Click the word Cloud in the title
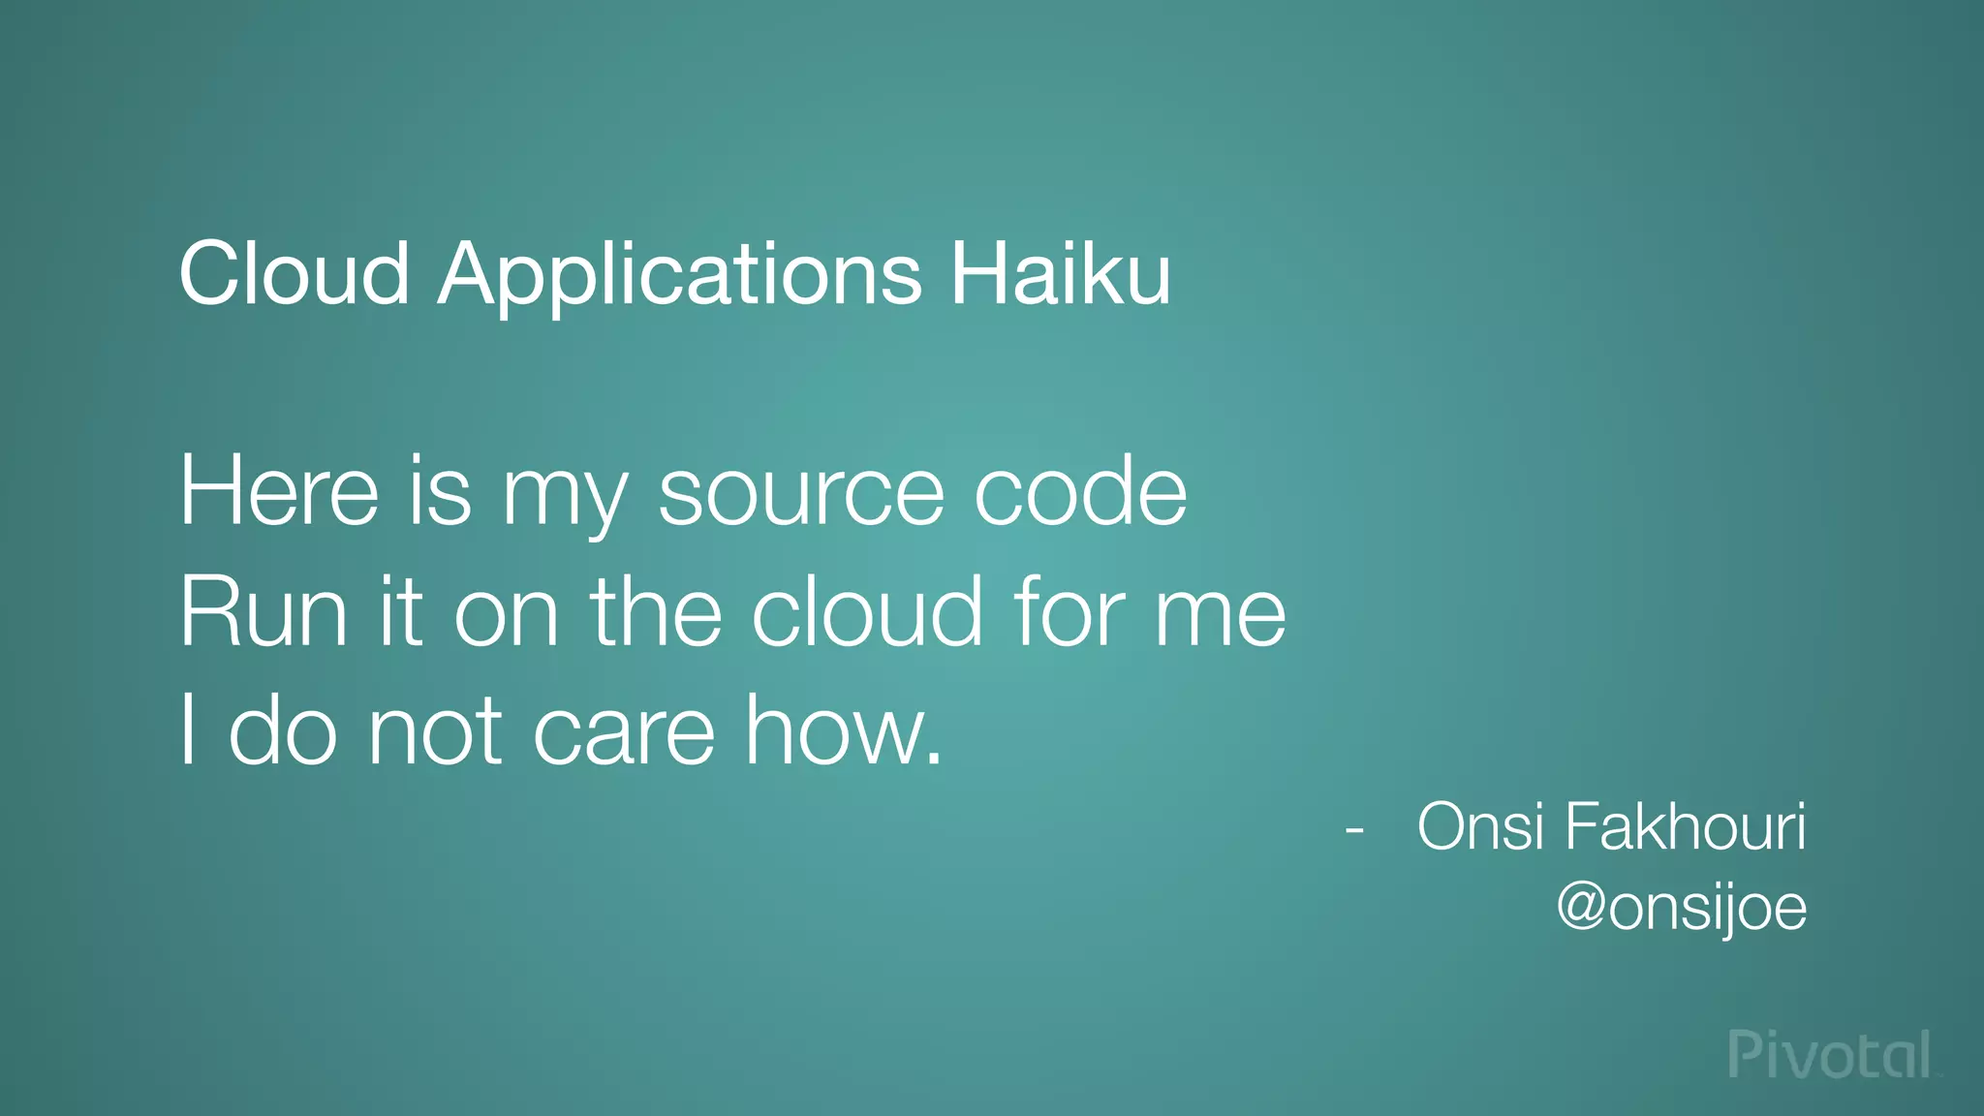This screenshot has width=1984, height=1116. click(x=294, y=274)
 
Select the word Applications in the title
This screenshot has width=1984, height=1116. click(x=679, y=276)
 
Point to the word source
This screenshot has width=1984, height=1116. click(x=800, y=494)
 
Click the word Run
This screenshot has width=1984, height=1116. click(x=263, y=612)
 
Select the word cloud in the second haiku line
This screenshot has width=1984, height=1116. click(x=867, y=612)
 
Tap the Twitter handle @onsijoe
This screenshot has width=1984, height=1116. click(x=1682, y=909)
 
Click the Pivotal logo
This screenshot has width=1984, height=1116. click(x=1831, y=1055)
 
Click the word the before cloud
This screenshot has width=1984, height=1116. click(x=657, y=612)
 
